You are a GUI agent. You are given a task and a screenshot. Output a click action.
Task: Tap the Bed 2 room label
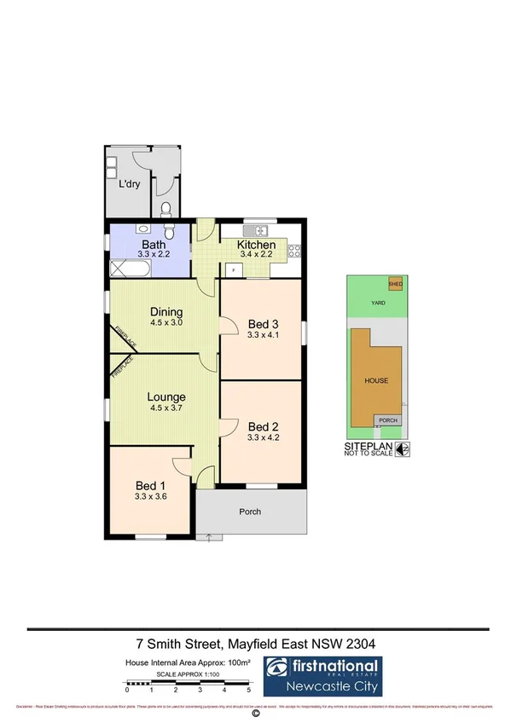tap(264, 426)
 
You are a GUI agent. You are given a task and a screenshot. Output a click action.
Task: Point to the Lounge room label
tap(166, 396)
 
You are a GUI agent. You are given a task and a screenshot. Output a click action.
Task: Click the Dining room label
tap(167, 311)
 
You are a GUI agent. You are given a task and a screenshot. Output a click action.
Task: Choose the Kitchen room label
tap(257, 245)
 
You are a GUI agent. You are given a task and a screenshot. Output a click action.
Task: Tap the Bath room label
tap(155, 245)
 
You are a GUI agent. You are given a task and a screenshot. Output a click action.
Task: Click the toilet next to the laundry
tap(167, 208)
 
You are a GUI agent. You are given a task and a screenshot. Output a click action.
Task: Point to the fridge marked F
tap(230, 269)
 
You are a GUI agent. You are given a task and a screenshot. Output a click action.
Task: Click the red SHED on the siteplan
tap(396, 284)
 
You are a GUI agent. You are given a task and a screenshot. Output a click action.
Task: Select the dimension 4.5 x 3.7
tap(166, 408)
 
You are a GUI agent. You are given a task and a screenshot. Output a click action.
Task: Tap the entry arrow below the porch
tap(208, 537)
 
